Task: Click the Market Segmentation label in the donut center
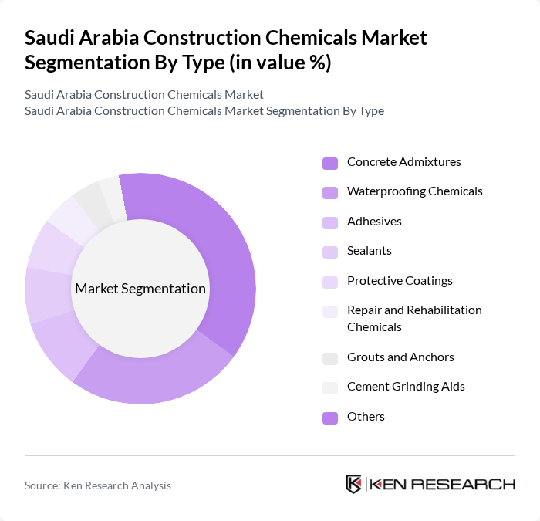pos(140,289)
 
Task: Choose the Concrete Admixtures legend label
pos(403,162)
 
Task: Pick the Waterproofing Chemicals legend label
pos(414,191)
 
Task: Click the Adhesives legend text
pos(374,222)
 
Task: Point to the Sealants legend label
pos(369,251)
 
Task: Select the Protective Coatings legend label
pos(400,280)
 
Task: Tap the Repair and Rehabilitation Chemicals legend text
pos(414,318)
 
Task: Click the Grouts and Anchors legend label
pos(400,357)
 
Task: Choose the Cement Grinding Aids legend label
pos(406,387)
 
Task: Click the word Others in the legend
pos(366,417)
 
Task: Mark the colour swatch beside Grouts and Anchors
pos(330,358)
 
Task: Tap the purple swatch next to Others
pos(330,418)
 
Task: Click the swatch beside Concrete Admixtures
pos(330,163)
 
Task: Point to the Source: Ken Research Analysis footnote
pos(98,485)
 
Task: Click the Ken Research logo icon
pos(354,485)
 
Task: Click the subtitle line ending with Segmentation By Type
pos(204,111)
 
